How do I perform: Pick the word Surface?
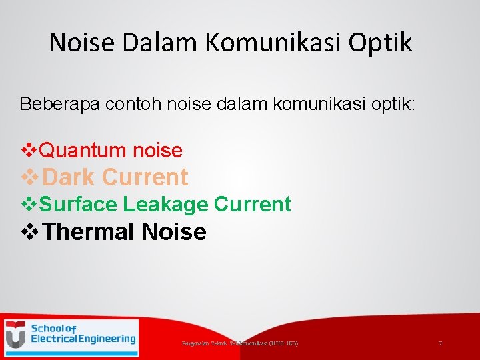coord(77,204)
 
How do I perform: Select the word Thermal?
coord(91,232)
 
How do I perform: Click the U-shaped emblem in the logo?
coord(16,335)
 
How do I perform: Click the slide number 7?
coord(440,343)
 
